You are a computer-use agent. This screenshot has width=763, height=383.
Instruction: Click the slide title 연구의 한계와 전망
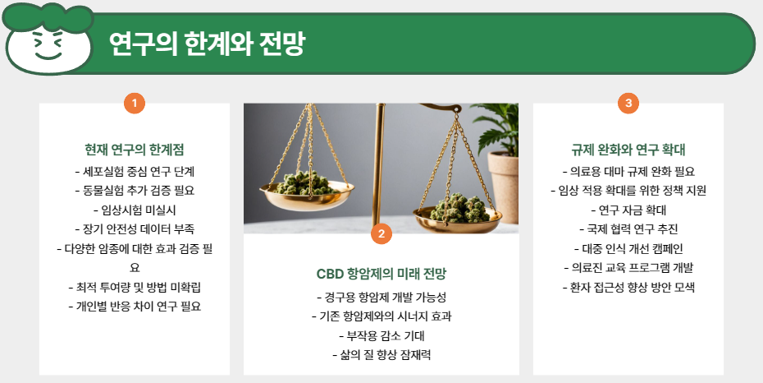[206, 43]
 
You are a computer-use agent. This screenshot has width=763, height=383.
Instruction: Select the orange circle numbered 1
[134, 103]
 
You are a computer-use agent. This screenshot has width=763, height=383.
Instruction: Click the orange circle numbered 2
[381, 233]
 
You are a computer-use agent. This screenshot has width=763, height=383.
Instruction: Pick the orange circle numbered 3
[628, 103]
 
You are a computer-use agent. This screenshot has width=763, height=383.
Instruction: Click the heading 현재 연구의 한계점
[134, 150]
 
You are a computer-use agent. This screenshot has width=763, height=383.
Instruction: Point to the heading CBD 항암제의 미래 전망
[381, 274]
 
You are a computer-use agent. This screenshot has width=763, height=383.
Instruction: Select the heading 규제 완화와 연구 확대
[628, 150]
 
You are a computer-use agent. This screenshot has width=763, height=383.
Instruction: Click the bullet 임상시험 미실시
[134, 210]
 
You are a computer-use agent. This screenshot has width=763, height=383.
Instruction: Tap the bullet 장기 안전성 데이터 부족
[134, 228]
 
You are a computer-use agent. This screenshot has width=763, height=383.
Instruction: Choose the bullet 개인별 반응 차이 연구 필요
[134, 306]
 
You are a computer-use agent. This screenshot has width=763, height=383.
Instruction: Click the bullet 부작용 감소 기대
[381, 335]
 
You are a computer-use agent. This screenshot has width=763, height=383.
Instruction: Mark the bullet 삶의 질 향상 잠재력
[381, 355]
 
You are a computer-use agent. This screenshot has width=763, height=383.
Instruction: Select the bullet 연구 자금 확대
[628, 210]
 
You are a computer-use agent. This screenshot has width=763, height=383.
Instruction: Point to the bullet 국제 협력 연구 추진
[628, 228]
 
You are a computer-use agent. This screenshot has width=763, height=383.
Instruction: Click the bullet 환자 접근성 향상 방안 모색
[628, 288]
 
